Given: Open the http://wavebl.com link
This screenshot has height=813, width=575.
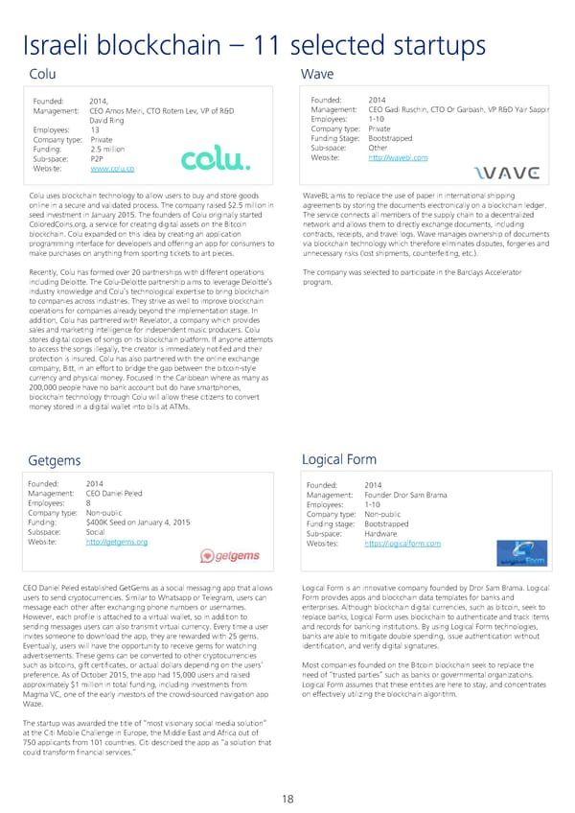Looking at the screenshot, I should coord(398,157).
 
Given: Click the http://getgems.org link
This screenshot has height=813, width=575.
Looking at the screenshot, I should coord(116,542).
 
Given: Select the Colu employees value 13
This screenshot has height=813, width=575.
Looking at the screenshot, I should coord(94,128).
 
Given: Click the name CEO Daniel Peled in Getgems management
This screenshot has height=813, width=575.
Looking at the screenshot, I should coord(114,493).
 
